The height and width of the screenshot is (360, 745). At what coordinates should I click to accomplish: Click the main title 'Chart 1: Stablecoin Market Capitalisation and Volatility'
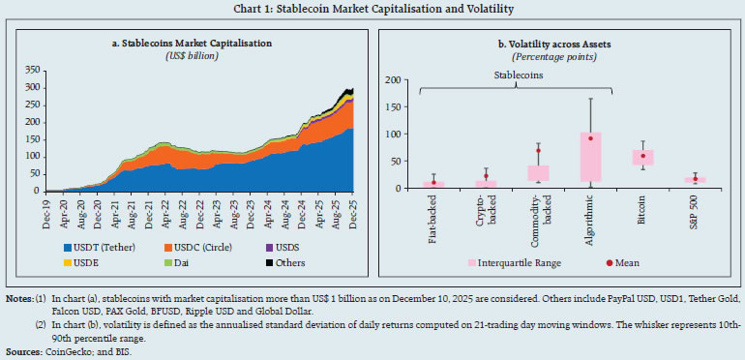click(x=372, y=9)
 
